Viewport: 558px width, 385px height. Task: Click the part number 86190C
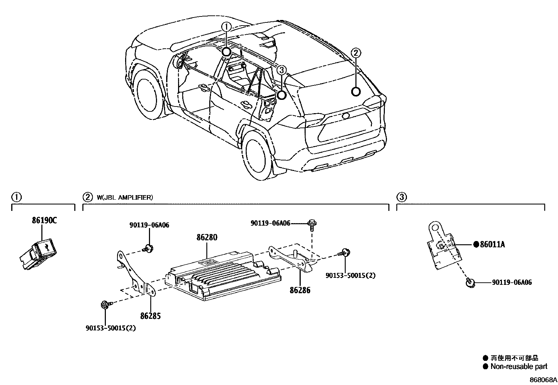click(x=44, y=221)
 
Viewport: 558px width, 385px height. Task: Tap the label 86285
click(x=150, y=316)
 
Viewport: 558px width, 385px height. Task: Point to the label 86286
click(x=300, y=290)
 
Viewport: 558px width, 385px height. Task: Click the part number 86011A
click(x=492, y=245)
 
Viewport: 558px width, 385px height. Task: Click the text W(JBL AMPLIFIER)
click(x=125, y=198)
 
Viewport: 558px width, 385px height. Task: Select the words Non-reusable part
click(x=519, y=367)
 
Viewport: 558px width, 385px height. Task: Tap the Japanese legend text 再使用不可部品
click(x=514, y=358)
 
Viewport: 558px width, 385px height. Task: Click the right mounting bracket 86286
click(x=293, y=259)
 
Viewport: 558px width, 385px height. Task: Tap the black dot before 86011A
click(x=476, y=245)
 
